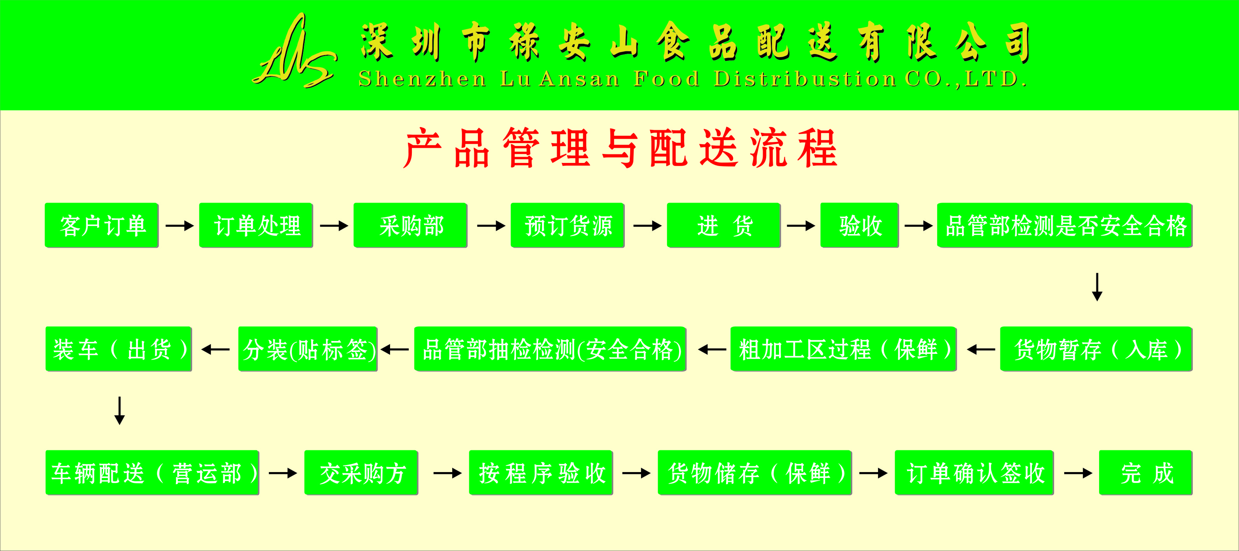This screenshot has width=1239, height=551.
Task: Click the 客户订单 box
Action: coord(101,225)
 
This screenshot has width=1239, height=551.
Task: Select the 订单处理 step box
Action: coord(256,225)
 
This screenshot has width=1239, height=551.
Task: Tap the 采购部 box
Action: coord(410,225)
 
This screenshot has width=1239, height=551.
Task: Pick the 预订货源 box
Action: coord(568,225)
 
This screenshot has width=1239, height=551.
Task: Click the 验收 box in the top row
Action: coord(859,225)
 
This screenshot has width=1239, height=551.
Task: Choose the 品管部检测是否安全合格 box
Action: coord(1065,225)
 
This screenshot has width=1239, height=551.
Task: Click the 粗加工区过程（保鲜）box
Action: coord(843,349)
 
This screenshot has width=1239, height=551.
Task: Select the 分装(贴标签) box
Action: coord(308,349)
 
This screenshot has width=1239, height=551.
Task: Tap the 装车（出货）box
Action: coord(119,349)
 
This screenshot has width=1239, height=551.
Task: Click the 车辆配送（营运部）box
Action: coord(152,472)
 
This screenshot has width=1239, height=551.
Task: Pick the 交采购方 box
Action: coord(361,472)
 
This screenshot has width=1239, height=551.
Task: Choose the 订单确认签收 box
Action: coord(974,472)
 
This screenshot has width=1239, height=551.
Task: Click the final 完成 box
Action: coord(1146,472)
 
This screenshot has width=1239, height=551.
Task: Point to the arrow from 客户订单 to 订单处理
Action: coord(179,225)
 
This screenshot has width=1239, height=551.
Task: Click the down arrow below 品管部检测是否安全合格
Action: coord(1097,287)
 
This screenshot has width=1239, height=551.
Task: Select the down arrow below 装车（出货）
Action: coord(120,411)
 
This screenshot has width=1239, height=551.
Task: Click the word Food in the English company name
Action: coord(667,79)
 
